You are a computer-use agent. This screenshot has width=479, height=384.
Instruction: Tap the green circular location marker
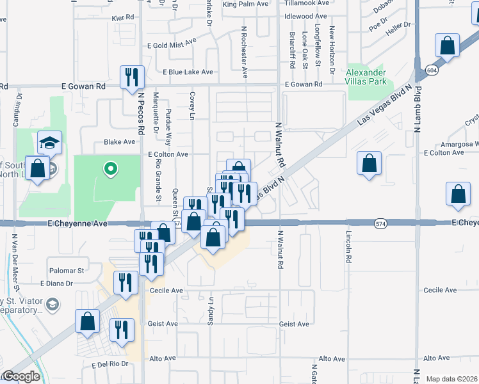tap(111, 169)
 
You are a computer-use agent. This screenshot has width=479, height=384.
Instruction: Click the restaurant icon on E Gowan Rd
tap(132, 77)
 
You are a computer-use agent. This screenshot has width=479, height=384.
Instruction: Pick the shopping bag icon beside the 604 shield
tap(447, 46)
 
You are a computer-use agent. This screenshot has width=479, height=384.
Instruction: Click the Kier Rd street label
tap(124, 19)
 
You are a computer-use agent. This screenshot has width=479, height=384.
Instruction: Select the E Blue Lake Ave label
tap(188, 72)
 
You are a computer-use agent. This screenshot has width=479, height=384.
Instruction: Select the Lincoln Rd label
tap(350, 247)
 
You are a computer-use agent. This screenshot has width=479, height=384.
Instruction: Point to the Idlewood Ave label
tap(305, 16)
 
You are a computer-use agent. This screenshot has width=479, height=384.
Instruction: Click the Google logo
tap(21, 376)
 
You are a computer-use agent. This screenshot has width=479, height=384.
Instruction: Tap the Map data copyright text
tap(451, 379)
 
